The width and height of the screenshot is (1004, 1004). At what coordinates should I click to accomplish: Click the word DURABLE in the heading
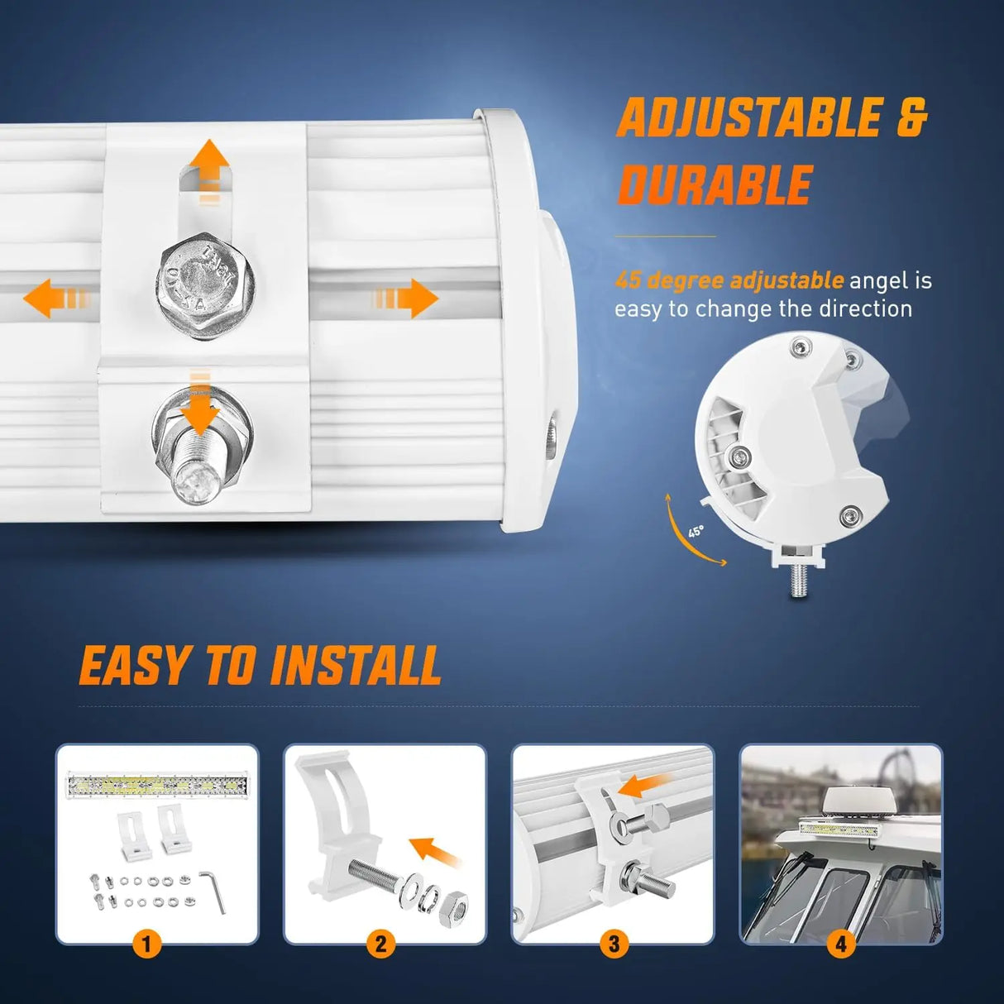coord(715,184)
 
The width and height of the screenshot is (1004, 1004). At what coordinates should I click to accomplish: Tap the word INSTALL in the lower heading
coord(356,666)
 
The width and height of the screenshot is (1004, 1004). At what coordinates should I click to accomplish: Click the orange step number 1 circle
coord(146,943)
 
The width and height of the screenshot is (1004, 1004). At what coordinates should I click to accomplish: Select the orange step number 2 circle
coord(380,943)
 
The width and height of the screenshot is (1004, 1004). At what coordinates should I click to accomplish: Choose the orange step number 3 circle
coord(614,943)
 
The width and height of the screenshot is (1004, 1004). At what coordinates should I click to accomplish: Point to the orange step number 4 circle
coord(841,943)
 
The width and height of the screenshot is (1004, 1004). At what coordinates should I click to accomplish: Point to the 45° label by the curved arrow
coord(696,531)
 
